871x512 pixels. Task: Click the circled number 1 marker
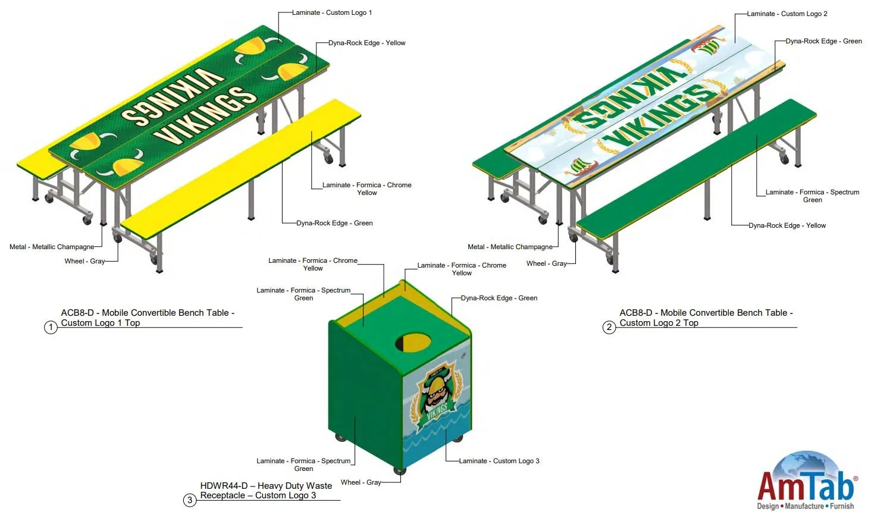pos(51,327)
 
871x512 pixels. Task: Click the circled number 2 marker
pos(609,327)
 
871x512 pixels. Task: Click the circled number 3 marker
pos(190,500)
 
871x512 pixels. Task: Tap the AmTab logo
pos(807,482)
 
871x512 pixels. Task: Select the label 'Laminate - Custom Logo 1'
pos(332,12)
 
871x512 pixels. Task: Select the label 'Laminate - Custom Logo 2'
pos(787,14)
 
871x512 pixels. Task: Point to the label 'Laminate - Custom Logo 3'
pos(499,461)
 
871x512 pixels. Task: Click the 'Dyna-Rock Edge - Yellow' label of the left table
pos(367,43)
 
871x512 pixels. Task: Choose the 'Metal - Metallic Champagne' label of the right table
pos(510,247)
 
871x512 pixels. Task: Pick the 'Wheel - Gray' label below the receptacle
pos(361,482)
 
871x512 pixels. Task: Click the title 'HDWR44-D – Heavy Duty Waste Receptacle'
pos(266,486)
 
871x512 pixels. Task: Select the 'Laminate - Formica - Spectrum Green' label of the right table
pos(812,196)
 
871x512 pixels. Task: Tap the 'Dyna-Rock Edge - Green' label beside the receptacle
pos(499,298)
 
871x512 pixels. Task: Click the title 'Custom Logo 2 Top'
pos(659,323)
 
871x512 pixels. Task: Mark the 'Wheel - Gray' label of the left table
pos(84,261)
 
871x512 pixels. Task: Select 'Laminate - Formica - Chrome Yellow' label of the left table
pos(367,189)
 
